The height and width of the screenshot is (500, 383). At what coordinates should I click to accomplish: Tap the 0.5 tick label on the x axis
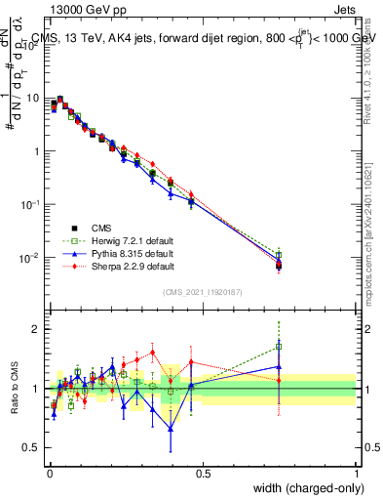[203, 472]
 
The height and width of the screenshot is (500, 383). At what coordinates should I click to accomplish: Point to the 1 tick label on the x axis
[357, 472]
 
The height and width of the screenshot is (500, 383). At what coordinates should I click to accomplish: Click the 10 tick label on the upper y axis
[30, 98]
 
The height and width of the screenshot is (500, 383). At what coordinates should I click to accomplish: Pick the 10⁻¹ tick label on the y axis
[28, 204]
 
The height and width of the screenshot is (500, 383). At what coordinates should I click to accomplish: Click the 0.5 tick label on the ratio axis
[30, 448]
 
